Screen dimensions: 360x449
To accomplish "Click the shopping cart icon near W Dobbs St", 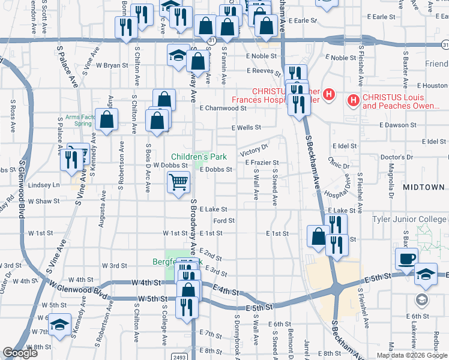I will coord(178,181).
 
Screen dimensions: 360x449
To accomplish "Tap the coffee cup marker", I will coord(406,258).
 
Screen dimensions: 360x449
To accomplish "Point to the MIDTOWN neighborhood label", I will coord(424,187).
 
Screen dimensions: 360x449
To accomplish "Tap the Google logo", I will coord(20,353).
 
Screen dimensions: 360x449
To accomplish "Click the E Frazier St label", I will coord(262,163).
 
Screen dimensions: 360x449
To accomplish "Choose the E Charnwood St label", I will coord(223,109).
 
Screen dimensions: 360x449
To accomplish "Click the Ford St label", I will coord(223,221).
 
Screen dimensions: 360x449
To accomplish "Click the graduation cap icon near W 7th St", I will coord(59,324).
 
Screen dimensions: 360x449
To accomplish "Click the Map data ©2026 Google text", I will coord(411,355).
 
